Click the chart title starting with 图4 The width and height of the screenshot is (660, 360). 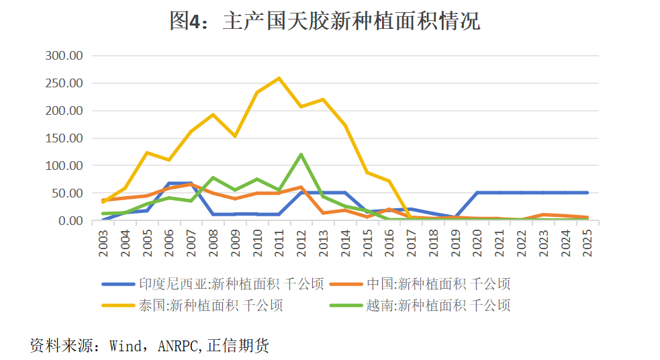pos(325,21)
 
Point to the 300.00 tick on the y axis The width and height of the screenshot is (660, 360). pos(64,56)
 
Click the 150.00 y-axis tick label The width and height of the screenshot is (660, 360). pos(64,138)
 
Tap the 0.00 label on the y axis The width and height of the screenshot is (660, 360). pos(69,221)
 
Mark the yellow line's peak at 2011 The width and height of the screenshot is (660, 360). pos(279,78)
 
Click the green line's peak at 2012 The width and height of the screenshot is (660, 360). pos(301,154)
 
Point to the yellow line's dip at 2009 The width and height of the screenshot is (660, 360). pos(236,136)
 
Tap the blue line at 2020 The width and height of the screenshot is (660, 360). pos(477,193)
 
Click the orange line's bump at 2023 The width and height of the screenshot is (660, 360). pos(543,215)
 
